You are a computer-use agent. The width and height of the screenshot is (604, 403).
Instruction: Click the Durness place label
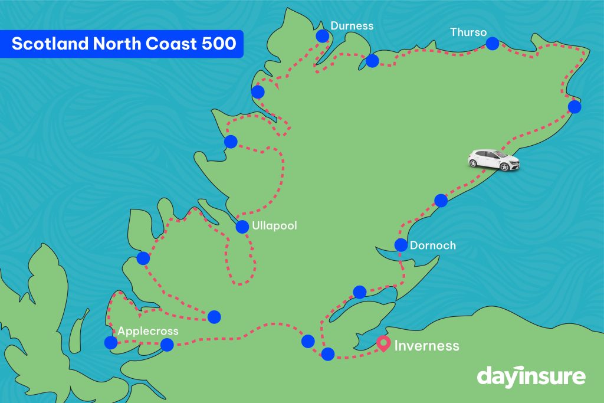(x=352, y=26)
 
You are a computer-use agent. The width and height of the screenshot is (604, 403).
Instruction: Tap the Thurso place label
(x=468, y=32)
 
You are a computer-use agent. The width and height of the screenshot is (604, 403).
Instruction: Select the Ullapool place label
(x=274, y=226)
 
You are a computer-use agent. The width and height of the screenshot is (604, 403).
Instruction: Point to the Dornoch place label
(x=433, y=245)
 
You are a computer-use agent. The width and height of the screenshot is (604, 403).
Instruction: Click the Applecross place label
(x=148, y=331)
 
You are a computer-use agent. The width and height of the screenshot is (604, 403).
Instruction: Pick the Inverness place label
(x=426, y=345)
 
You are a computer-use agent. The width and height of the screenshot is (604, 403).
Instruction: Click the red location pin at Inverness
(x=384, y=343)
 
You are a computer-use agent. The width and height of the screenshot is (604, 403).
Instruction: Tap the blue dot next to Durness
(x=323, y=36)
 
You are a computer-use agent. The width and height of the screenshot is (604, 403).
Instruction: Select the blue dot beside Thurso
(x=492, y=43)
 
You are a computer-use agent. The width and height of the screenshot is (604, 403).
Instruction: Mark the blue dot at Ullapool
(x=242, y=227)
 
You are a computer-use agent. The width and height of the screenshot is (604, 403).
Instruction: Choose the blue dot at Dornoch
(x=401, y=245)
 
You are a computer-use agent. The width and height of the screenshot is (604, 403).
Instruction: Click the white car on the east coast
(x=494, y=159)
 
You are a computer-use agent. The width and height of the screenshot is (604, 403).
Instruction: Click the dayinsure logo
(x=531, y=376)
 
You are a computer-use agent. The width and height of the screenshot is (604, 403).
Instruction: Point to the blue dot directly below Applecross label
(x=110, y=343)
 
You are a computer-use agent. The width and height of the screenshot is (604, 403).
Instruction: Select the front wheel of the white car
(x=505, y=167)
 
